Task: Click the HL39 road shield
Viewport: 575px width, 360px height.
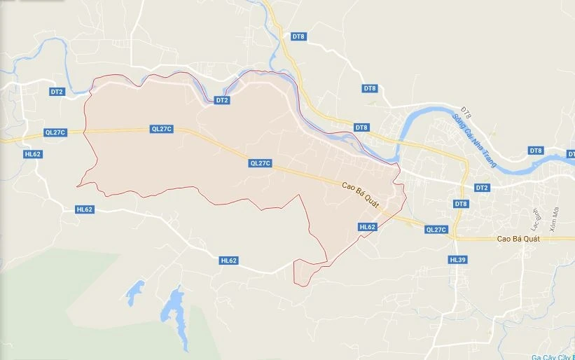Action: (x=457, y=260)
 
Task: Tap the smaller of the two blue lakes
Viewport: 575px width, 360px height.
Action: (x=134, y=289)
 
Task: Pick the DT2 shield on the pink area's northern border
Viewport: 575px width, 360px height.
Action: (x=222, y=101)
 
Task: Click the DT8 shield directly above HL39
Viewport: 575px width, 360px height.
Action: (x=460, y=204)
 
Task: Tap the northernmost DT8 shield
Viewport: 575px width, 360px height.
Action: (x=299, y=36)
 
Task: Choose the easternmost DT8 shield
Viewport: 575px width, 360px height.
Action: (x=536, y=151)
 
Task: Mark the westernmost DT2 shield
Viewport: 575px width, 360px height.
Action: (x=57, y=92)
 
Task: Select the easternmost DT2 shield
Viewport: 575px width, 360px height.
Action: (x=481, y=188)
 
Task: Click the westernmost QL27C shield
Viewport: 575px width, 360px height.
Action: (x=55, y=132)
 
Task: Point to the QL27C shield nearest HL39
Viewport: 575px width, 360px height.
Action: (x=436, y=230)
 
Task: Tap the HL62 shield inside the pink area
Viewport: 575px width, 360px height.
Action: (x=368, y=227)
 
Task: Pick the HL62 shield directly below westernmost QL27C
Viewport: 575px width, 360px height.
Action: (x=33, y=154)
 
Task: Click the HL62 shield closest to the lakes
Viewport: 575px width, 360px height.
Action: (x=229, y=261)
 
